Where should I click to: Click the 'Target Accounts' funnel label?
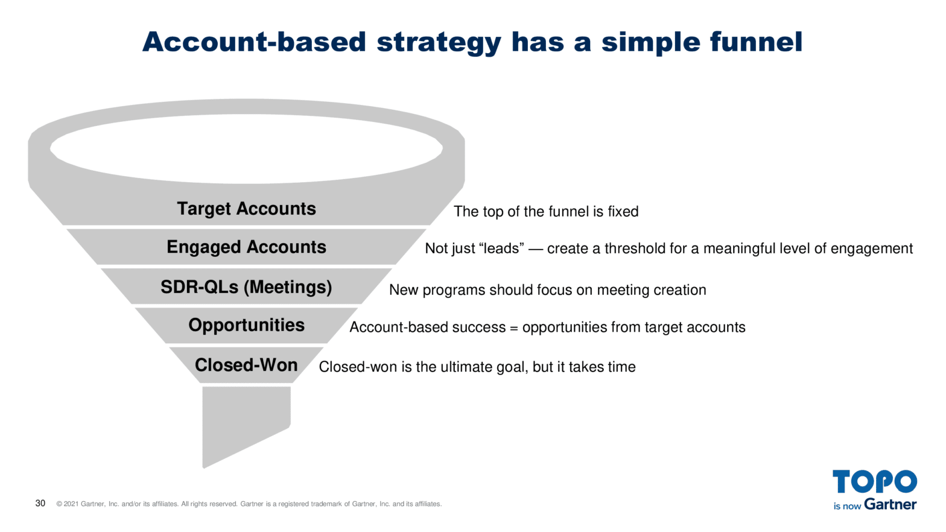[x=246, y=209]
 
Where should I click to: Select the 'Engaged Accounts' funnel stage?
[x=246, y=247]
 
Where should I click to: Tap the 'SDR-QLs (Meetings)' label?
[x=246, y=287]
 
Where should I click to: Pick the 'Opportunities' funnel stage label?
[x=246, y=325]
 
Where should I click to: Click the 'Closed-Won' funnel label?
[x=246, y=365]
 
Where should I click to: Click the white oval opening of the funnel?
[x=246, y=148]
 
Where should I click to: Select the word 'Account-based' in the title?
[x=254, y=42]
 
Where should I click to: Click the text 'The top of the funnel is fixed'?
[x=546, y=212]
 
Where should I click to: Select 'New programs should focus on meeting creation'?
[x=547, y=290]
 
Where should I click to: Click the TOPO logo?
[x=874, y=482]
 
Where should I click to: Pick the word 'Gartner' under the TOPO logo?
[x=890, y=504]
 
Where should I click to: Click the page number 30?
[x=40, y=503]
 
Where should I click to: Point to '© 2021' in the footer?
[x=68, y=504]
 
